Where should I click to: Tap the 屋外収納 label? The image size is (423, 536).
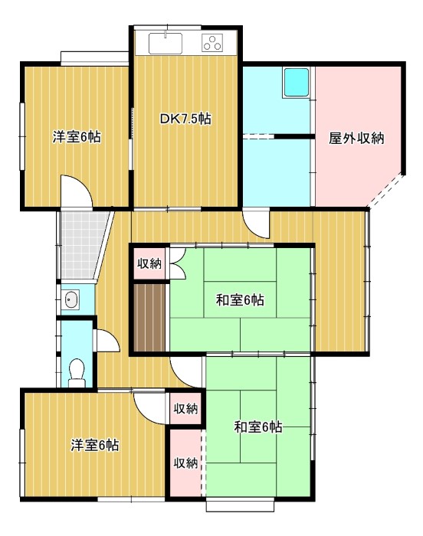coord(356,139)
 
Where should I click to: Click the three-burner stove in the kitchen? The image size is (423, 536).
coord(212,43)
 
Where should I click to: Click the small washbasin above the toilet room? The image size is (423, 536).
coord(71,299)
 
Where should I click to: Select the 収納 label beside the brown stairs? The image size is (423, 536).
coord(149,264)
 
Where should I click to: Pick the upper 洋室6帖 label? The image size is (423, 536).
coord(76,138)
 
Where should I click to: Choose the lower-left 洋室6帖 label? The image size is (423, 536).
coord(95,445)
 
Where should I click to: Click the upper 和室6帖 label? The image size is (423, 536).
coord(239,300)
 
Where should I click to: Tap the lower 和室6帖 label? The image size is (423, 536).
coord(257,427)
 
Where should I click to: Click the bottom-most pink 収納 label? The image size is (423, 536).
coord(185,462)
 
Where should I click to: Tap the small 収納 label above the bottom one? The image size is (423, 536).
coord(185,409)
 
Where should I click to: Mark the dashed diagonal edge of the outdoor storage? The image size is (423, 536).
coord(385,191)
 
